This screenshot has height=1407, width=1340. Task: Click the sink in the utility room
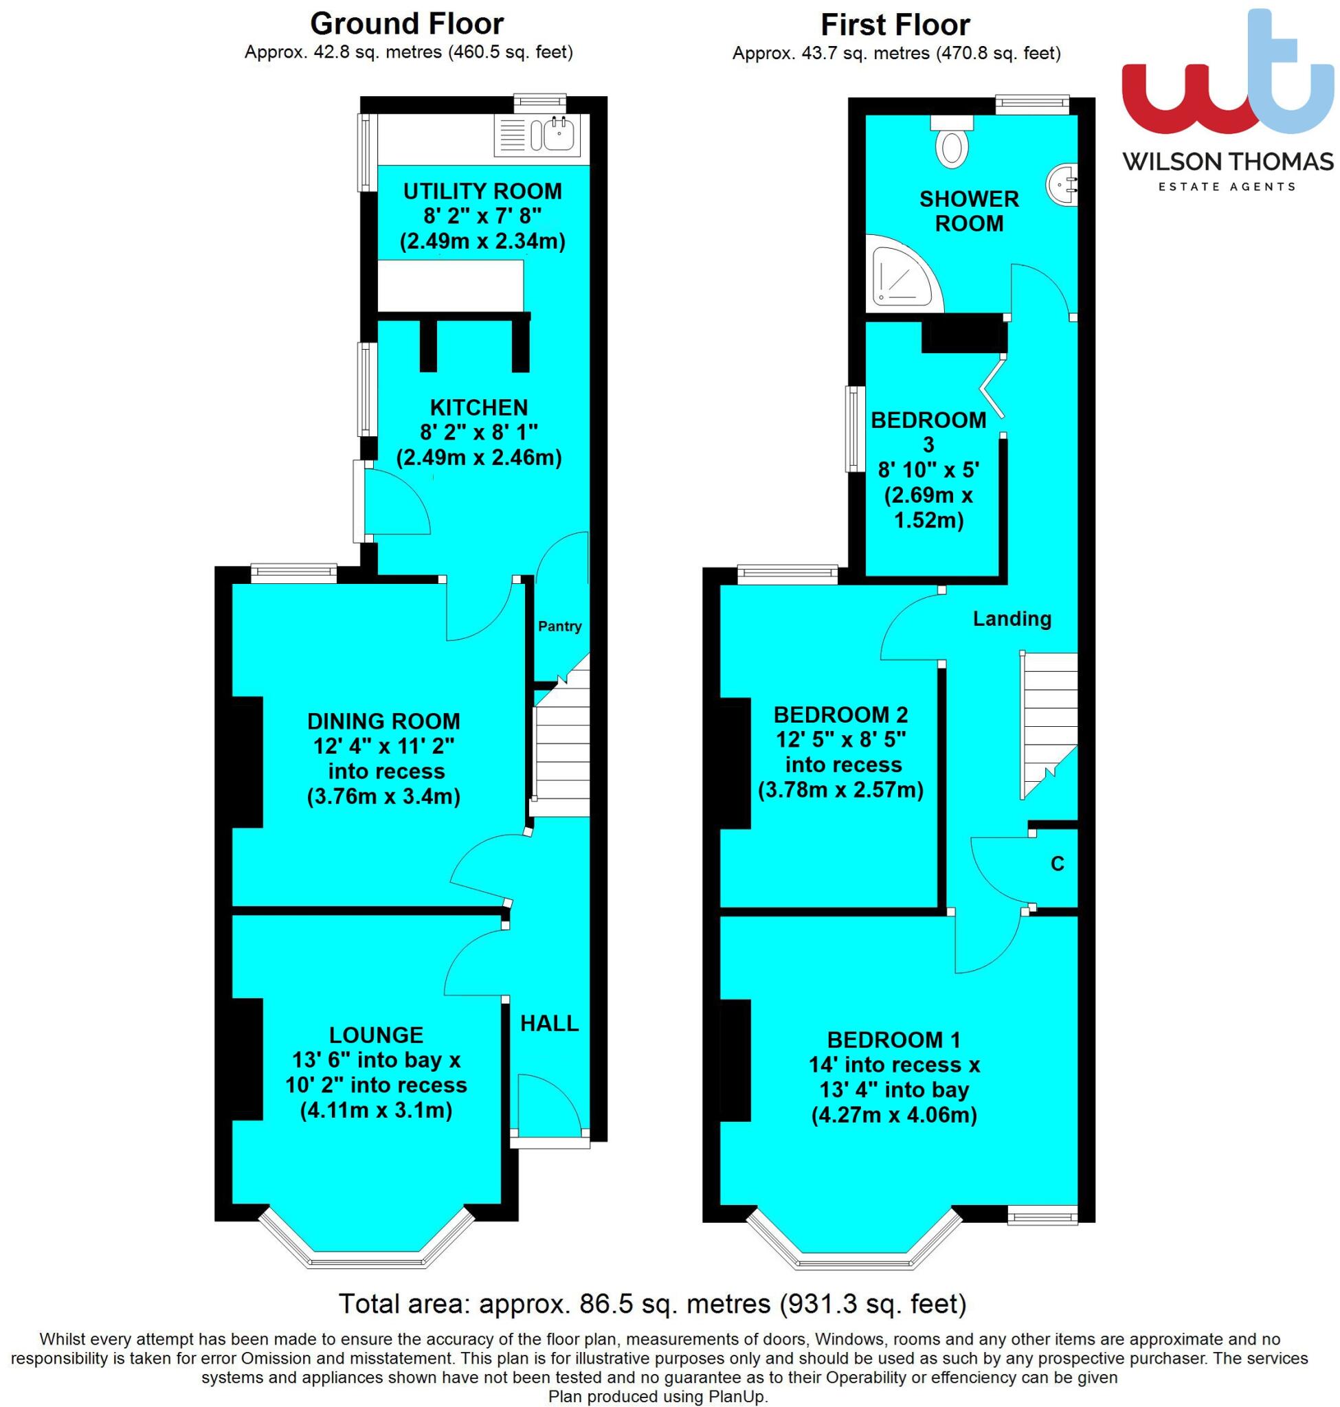coord(559,133)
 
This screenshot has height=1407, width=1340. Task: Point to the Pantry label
coord(559,627)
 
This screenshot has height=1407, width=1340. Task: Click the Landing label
coord(1012,618)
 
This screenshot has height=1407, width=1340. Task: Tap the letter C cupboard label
coord(1057,864)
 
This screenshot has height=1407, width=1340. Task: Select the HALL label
coord(548,1023)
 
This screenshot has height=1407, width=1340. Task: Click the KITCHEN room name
coord(478,407)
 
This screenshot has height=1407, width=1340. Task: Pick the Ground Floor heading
coord(406,24)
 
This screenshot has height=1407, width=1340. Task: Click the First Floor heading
coord(895,25)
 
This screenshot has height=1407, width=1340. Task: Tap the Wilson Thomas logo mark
coord(1227,78)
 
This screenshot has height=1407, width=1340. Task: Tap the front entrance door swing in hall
coord(546,1103)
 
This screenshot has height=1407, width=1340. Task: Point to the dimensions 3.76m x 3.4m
coord(383,796)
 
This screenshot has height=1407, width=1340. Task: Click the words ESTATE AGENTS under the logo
coord(1226,187)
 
